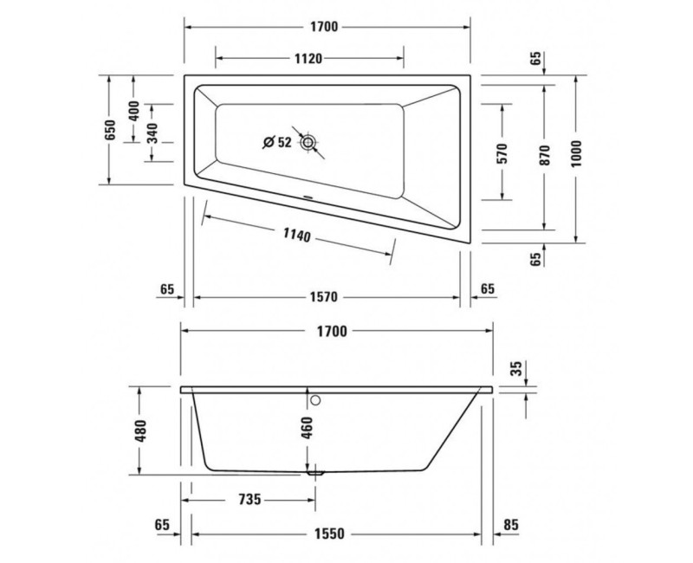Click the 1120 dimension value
[x=308, y=58]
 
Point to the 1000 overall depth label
[x=576, y=153]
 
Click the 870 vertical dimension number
[x=545, y=155]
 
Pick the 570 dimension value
[x=503, y=153]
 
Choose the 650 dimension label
[x=110, y=130]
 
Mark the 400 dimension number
[x=134, y=111]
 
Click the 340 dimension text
[x=152, y=133]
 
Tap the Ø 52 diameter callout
[x=277, y=142]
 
